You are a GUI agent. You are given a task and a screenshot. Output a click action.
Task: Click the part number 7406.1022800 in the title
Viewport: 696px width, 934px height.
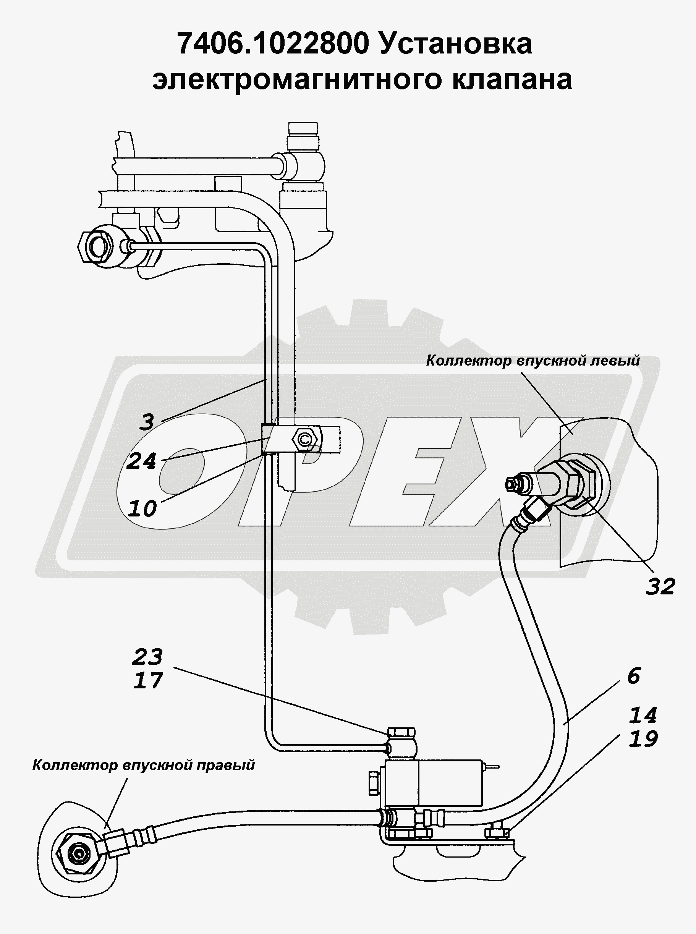coord(273,44)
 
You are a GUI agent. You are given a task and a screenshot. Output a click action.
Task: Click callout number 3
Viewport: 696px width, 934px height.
coord(146,421)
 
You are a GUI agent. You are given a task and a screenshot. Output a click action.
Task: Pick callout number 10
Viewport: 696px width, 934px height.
coord(142,508)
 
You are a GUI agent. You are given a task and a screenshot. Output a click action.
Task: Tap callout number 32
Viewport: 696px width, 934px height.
coord(660,586)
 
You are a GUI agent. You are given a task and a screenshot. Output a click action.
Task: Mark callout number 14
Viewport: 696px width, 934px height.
coord(643,715)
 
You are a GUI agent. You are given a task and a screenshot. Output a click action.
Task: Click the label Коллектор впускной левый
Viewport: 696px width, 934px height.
coord(533,361)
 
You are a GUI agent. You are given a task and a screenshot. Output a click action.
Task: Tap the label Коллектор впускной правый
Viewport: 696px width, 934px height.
coord(144,765)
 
